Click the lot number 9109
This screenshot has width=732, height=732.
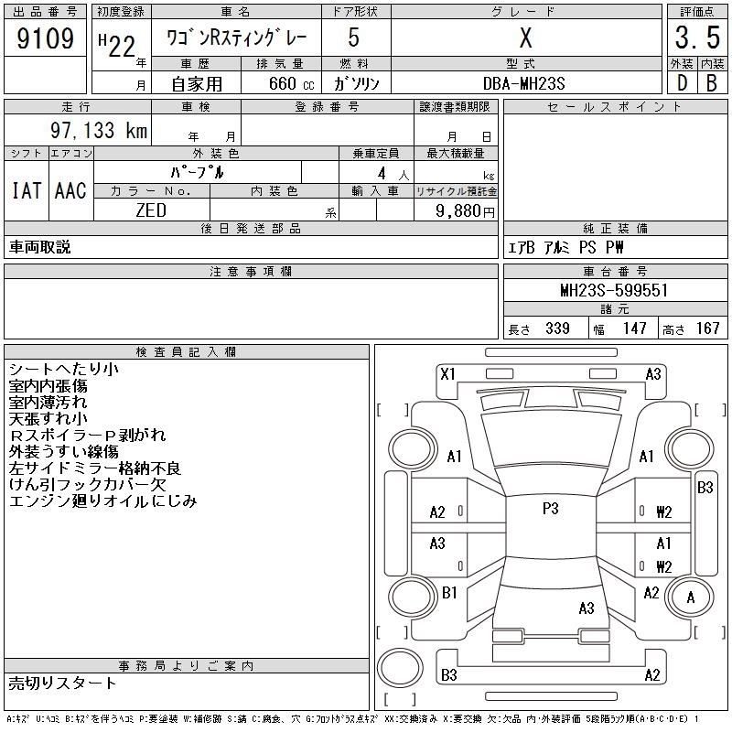(x=45, y=38)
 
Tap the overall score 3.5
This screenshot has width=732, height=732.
(x=697, y=38)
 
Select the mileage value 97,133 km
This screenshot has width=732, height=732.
(x=99, y=130)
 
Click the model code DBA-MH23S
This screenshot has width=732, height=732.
(x=523, y=83)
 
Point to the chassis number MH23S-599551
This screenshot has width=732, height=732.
(x=614, y=290)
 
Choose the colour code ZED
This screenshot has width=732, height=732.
(x=151, y=210)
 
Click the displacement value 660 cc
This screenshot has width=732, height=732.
(x=291, y=83)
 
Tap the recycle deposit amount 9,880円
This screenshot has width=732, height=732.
(x=465, y=211)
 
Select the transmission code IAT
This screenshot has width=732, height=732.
(x=27, y=190)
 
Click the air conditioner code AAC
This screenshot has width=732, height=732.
(x=70, y=190)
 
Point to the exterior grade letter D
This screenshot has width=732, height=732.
(x=682, y=83)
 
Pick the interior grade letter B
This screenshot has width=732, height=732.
(x=712, y=83)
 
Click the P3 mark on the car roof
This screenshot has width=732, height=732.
(x=551, y=509)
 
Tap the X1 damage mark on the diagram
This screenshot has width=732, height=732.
(x=447, y=374)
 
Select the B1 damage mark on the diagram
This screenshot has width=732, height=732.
(x=449, y=592)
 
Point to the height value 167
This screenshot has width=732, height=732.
(x=708, y=328)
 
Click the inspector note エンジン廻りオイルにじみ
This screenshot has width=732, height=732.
(x=103, y=501)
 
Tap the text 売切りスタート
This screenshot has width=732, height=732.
(x=62, y=684)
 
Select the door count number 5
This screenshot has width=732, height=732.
(x=354, y=38)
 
